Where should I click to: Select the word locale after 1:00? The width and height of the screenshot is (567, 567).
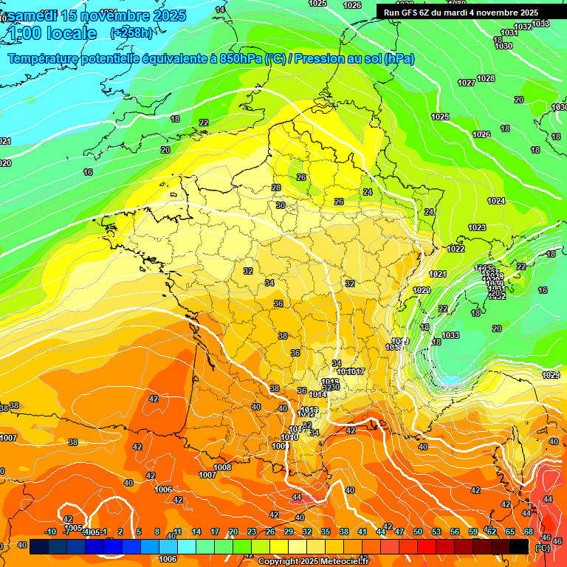coord(71,33)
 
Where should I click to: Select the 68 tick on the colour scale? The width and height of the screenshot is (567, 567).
coord(529,532)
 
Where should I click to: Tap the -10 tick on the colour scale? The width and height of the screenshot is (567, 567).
coord(50,532)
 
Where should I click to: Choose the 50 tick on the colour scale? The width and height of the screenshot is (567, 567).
coord(418,532)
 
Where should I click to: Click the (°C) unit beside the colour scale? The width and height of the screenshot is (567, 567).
coord(543,548)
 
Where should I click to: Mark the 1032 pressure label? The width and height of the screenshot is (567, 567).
coord(523,27)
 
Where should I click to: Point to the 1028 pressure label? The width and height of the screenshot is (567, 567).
coord(486,78)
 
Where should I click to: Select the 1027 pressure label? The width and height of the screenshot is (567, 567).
coord(466,83)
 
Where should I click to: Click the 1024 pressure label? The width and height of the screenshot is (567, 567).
coord(496,201)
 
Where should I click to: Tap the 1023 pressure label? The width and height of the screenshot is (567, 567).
coord(477,227)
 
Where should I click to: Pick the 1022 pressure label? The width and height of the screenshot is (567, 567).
coord(456,249)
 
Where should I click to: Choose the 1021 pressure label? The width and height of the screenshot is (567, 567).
coord(439,274)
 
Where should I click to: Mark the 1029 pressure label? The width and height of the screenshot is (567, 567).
coord(551,375)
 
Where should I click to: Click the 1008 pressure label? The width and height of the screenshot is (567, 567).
coord(222,467)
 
